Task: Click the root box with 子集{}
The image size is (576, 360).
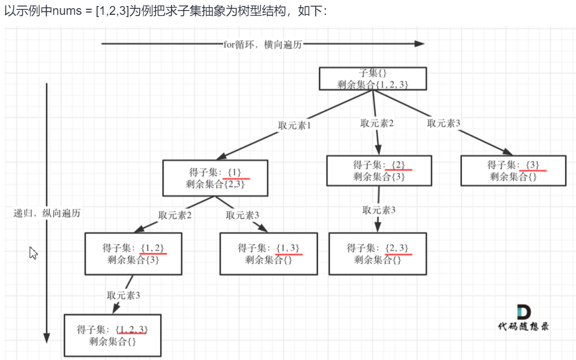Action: pyautogui.click(x=372, y=78)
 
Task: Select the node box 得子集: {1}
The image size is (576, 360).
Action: pyautogui.click(x=215, y=178)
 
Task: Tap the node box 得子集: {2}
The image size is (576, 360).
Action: pyautogui.click(x=379, y=170)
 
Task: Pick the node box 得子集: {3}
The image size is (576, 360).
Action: pyautogui.click(x=512, y=170)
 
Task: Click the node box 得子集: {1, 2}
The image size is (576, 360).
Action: pyautogui.click(x=133, y=254)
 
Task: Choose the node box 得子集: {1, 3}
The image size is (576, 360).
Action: pyautogui.click(x=268, y=254)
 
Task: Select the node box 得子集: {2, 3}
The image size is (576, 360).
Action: pyautogui.click(x=377, y=254)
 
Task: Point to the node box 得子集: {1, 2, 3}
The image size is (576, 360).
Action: pyautogui.click(x=112, y=335)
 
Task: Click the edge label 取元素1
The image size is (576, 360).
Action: pyautogui.click(x=295, y=125)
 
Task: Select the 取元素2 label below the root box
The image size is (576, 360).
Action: pyautogui.click(x=377, y=123)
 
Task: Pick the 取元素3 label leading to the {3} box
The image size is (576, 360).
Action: pyautogui.click(x=444, y=123)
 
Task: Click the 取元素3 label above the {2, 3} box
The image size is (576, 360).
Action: pyautogui.click(x=379, y=210)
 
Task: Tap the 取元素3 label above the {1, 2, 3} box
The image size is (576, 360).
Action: pyautogui.click(x=123, y=295)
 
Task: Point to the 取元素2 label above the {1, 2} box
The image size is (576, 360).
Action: pyautogui.click(x=175, y=215)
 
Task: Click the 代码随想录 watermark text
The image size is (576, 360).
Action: pyautogui.click(x=523, y=326)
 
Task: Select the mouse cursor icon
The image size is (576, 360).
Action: pyautogui.click(x=33, y=252)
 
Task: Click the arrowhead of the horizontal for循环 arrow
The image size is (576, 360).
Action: pyautogui.click(x=420, y=44)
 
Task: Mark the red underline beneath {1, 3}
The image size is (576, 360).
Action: pyautogui.click(x=289, y=254)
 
